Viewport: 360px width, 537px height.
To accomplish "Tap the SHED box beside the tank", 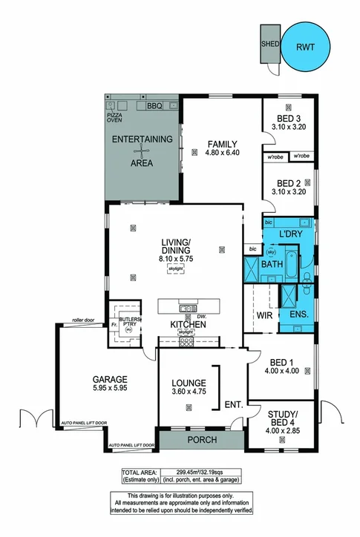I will [x=268, y=44].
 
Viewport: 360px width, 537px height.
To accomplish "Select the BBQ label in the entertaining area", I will [x=154, y=106].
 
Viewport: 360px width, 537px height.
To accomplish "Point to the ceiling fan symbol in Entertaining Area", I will [x=141, y=151].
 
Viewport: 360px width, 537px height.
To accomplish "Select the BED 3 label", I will [x=288, y=119].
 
